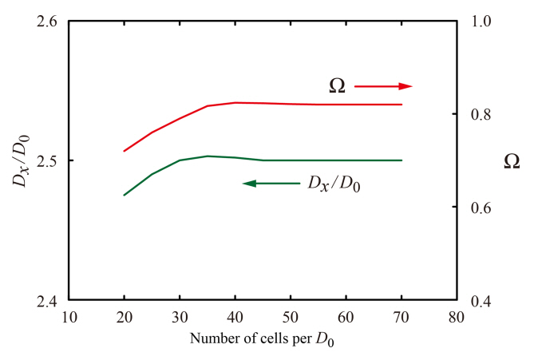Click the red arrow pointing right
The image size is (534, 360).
383,85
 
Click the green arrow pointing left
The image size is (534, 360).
271,183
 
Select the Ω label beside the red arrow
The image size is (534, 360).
337,85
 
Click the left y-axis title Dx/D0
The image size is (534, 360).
22,160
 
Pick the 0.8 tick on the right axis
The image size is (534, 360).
477,114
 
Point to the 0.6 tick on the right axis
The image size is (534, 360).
477,208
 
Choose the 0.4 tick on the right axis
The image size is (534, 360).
477,301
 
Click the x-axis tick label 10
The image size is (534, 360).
69,316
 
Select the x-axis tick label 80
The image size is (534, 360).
457,316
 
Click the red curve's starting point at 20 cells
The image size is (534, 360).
125,151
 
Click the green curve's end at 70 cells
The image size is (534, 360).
401,160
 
